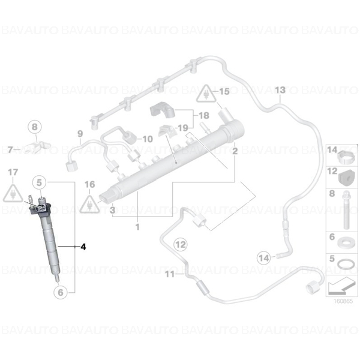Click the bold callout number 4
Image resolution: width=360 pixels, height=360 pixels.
click(x=83, y=247)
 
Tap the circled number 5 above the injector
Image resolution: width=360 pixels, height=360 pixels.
click(x=39, y=183)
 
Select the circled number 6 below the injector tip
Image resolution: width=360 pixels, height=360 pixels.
click(x=61, y=292)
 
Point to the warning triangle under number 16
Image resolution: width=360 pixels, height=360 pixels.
click(x=89, y=204)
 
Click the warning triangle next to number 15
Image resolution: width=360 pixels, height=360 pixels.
click(x=206, y=94)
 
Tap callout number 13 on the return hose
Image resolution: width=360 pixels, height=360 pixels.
click(x=280, y=90)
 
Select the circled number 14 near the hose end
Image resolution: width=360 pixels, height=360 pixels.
click(x=264, y=258)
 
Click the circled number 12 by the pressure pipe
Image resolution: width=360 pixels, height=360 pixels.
click(x=181, y=244)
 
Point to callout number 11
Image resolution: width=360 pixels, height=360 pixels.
click(x=170, y=274)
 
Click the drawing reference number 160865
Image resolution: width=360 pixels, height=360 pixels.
click(x=343, y=301)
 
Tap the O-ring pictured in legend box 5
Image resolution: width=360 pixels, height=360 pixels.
click(x=344, y=265)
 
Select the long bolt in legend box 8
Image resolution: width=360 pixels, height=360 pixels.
click(x=346, y=211)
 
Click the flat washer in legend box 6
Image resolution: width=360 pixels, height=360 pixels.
click(x=344, y=242)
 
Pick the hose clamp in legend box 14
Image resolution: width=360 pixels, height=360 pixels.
click(x=346, y=158)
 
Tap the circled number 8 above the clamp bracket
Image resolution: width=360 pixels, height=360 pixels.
click(x=35, y=127)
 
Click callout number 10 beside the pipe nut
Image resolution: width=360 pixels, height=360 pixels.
click(x=148, y=139)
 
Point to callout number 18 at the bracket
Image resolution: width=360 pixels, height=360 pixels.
click(x=204, y=115)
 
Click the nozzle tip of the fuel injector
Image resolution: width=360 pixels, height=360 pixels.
click(x=58, y=280)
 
